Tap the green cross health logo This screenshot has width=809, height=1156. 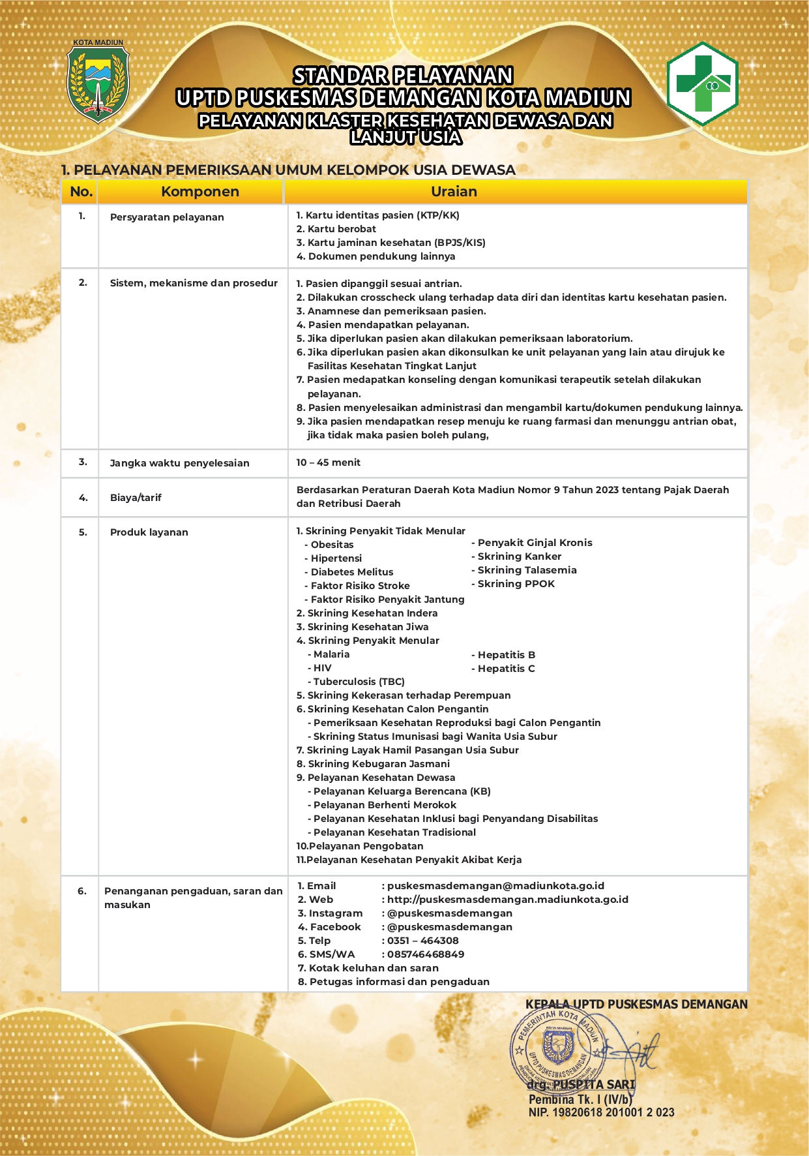pos(702,84)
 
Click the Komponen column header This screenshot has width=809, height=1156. pos(199,192)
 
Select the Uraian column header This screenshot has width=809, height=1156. pos(454,192)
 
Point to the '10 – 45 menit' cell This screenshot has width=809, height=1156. pos(328,463)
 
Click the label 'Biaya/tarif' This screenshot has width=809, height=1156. pos(136,498)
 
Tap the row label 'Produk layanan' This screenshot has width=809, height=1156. pos(149,532)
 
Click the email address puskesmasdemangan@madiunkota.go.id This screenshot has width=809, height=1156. pos(495,886)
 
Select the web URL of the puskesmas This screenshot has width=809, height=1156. pos(507,900)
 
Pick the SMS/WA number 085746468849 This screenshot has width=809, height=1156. pos(426,954)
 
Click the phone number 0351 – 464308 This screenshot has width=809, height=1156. pos(422,941)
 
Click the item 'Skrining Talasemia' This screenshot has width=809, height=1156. pos(527,570)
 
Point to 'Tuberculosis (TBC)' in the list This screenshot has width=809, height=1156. pos(359,682)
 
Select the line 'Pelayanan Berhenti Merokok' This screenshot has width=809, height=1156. pos(385,805)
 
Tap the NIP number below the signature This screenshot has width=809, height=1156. pos(601,1112)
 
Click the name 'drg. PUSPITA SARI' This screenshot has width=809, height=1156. pos(581,1085)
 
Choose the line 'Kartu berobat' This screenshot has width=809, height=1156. pos(341,229)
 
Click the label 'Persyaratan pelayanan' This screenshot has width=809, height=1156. pos(167,217)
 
